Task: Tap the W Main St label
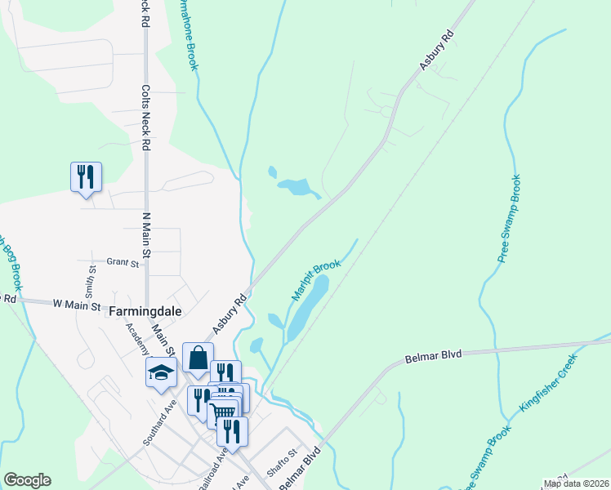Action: [76, 305]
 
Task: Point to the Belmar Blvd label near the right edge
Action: [434, 355]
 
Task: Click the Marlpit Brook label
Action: [315, 278]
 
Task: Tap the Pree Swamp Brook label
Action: [510, 218]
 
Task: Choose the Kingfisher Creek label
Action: [548, 382]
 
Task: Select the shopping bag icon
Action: [198, 357]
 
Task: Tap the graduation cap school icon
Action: [162, 372]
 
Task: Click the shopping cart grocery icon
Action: [223, 412]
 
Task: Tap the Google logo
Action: [27, 480]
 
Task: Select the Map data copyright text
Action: [576, 483]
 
